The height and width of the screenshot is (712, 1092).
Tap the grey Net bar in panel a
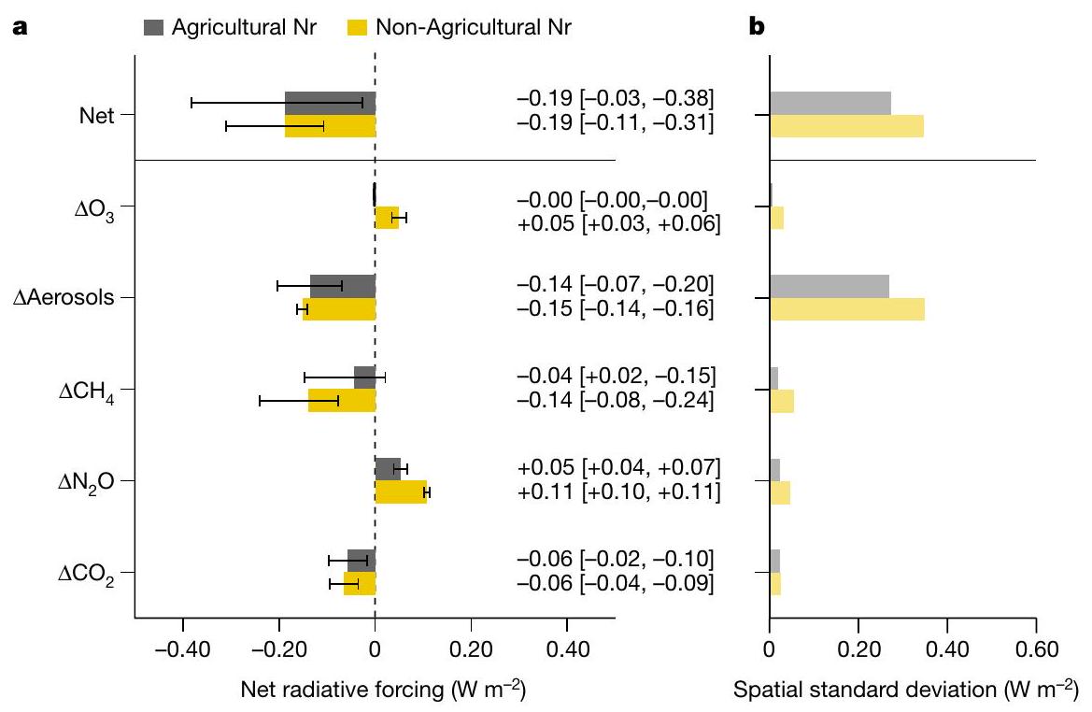[330, 103]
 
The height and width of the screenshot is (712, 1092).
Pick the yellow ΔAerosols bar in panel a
[339, 309]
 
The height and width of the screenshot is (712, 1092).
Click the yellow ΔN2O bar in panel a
[401, 492]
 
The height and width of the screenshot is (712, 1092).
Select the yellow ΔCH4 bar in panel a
[342, 401]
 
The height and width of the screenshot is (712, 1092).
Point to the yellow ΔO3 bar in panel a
[387, 218]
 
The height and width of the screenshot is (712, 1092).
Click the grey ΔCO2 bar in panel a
[361, 561]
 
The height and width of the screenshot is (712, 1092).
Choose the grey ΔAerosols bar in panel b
[829, 286]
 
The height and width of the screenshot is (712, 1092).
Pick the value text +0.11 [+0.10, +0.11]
[617, 491]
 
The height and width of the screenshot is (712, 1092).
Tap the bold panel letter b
[758, 28]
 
